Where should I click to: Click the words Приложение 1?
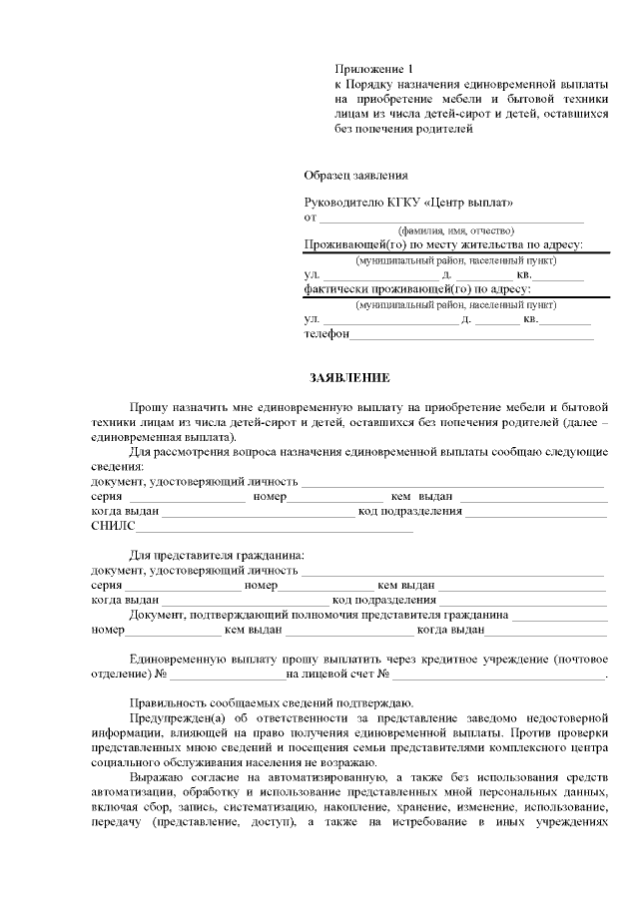372,69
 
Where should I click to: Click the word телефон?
326,334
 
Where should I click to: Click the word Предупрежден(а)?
174,716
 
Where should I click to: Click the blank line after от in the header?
450,218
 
